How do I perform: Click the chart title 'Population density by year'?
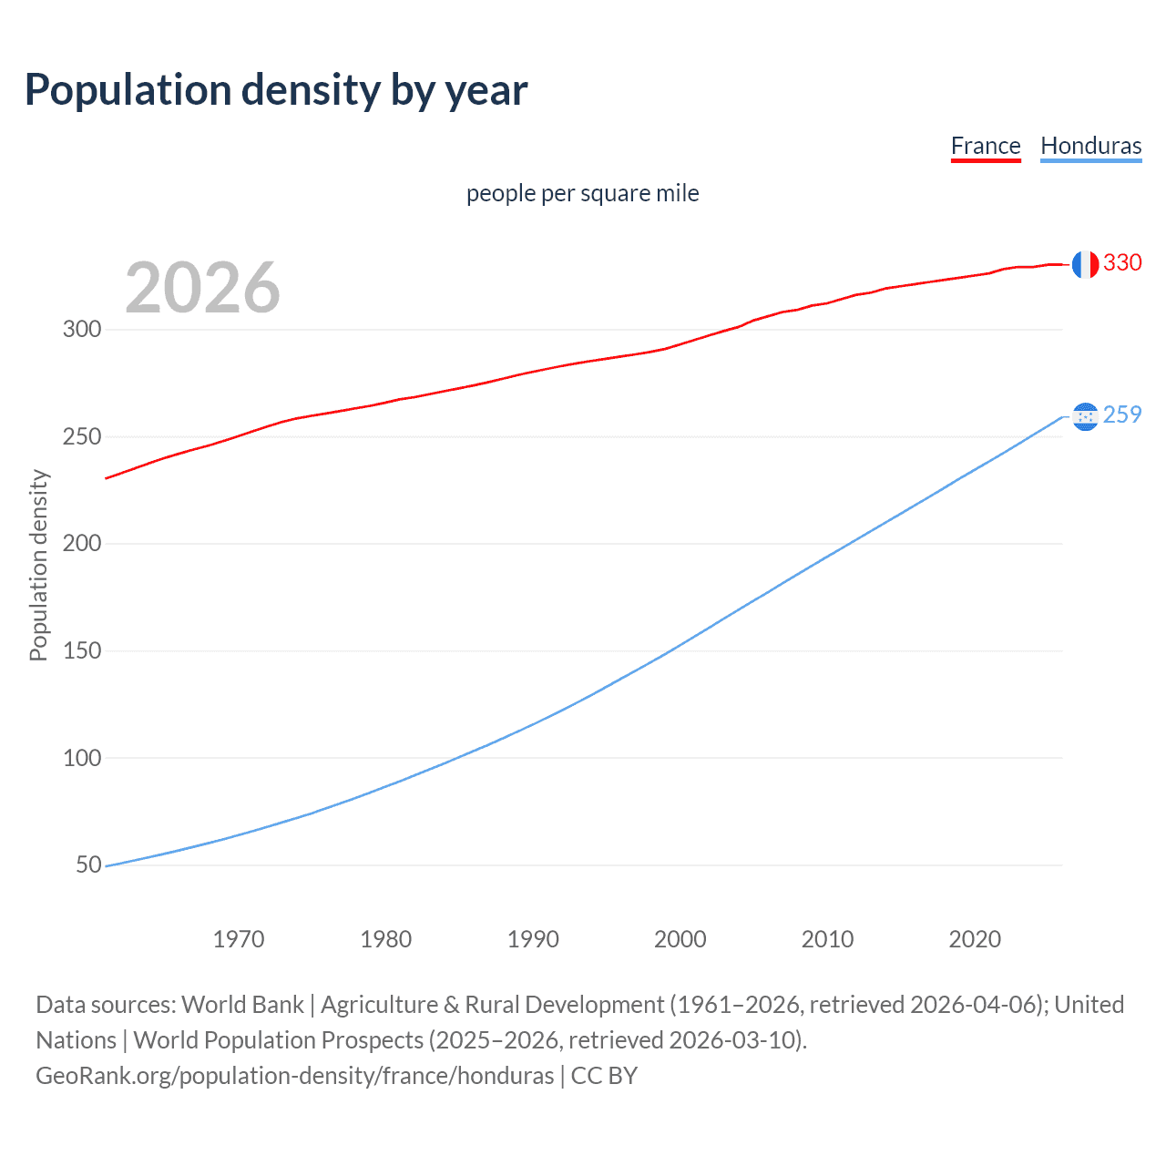276,90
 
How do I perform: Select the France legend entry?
985,146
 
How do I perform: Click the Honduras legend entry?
1090,146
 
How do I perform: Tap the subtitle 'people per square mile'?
582,193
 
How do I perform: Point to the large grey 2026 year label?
202,288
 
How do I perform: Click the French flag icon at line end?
1084,264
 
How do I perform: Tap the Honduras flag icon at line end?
1084,416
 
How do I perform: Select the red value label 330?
1122,262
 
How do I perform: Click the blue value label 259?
1122,414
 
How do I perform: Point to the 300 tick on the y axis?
82,329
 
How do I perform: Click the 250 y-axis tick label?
82,436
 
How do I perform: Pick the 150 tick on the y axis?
82,650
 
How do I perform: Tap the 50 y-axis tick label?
88,864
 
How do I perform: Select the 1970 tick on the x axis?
239,939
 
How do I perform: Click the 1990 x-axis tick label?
533,939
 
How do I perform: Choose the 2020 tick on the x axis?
975,939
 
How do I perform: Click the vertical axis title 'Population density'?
38,565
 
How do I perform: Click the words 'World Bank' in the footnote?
242,1005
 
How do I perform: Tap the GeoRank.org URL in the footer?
294,1076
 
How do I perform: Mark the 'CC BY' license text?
604,1076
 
